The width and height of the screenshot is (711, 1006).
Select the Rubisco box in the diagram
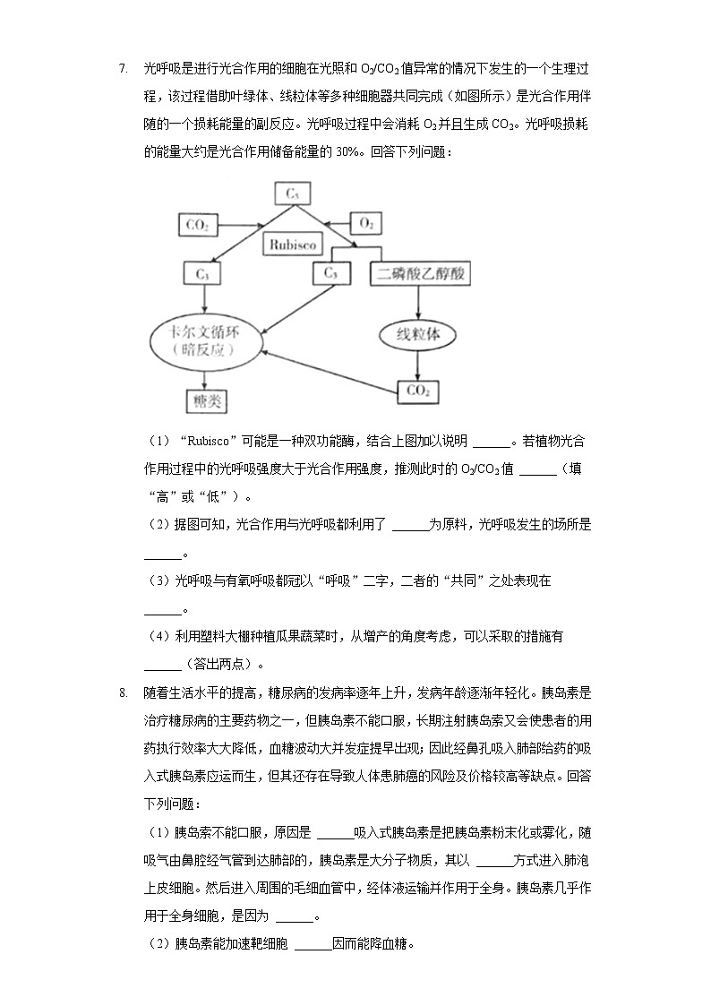pyautogui.click(x=290, y=244)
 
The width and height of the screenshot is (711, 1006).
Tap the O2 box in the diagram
pyautogui.click(x=366, y=223)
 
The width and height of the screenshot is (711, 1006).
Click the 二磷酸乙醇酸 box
pyautogui.click(x=419, y=273)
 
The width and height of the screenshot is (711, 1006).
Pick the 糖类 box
pyautogui.click(x=206, y=400)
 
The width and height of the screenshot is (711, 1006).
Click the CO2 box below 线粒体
pyautogui.click(x=417, y=391)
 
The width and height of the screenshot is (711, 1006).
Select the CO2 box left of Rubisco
pyautogui.click(x=198, y=224)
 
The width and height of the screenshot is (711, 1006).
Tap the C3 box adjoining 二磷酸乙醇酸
pyautogui.click(x=330, y=273)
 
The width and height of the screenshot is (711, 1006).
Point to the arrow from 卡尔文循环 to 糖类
pyautogui.click(x=205, y=377)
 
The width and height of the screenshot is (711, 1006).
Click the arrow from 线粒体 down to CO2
pyautogui.click(x=417, y=365)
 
